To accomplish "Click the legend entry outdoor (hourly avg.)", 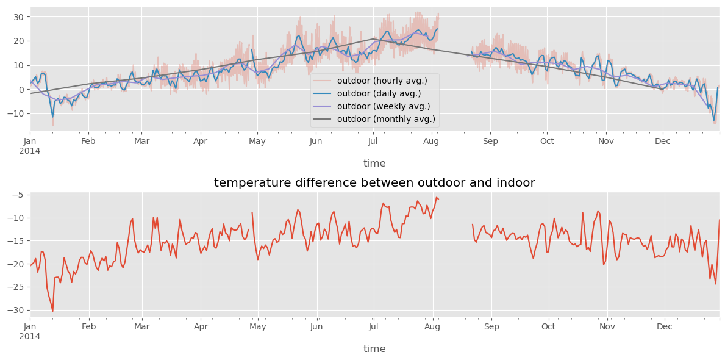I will point(382,81).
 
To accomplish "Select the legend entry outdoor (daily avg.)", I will point(379,94).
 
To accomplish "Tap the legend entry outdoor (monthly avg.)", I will point(386,120).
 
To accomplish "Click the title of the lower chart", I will point(374,183).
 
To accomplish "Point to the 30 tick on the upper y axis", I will point(18,17).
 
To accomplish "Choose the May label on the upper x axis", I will point(257,142).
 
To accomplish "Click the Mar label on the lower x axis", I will point(142,327).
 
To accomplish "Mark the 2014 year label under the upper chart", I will point(30,151).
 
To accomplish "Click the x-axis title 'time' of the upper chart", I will point(374,164).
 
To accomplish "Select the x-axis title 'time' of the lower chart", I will point(374,349).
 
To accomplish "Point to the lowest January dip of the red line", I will point(52,311).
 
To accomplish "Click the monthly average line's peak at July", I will point(374,39).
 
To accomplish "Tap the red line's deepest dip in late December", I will point(716,284).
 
